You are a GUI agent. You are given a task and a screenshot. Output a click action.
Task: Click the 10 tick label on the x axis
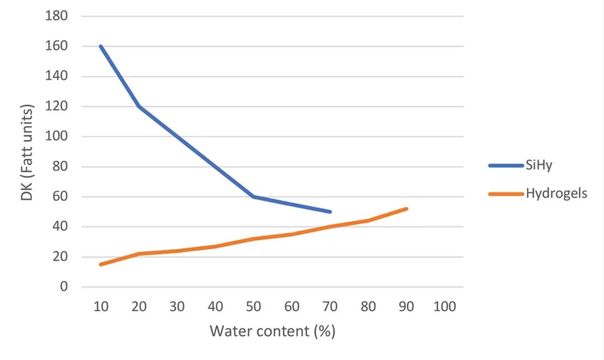click(100, 307)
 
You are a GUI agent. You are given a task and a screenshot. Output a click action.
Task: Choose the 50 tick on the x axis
click(253, 307)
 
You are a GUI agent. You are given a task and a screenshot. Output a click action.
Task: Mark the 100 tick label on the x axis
click(445, 307)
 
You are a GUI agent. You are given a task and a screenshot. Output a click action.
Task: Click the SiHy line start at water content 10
click(100, 46)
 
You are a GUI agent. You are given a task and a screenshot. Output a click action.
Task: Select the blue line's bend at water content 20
click(138, 106)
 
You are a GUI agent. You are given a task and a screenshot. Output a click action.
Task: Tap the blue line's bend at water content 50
click(253, 196)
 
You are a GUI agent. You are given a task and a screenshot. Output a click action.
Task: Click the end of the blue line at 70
click(330, 212)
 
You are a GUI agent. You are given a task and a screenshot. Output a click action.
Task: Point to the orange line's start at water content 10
click(100, 264)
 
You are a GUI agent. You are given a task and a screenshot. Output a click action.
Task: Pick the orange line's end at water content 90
click(407, 208)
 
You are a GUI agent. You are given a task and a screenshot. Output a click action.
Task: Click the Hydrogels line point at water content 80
click(368, 220)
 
